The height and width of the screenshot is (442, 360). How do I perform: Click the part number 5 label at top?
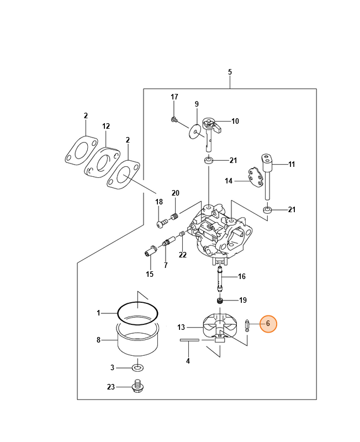click(x=230, y=72)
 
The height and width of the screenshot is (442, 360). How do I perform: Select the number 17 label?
click(x=174, y=97)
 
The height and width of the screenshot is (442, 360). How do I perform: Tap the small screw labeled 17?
click(x=174, y=119)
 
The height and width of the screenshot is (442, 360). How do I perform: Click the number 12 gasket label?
click(x=106, y=127)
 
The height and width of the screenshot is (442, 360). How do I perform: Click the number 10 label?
click(x=235, y=121)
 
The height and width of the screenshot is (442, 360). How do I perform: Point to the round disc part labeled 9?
click(x=195, y=131)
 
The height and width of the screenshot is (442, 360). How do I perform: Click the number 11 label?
click(x=292, y=164)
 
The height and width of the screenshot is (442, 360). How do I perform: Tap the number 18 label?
click(x=159, y=202)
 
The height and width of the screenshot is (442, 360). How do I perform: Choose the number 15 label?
click(x=150, y=274)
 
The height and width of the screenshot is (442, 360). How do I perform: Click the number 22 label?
click(x=183, y=255)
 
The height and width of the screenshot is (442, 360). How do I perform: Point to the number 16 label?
click(x=241, y=276)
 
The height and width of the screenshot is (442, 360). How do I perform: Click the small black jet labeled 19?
click(x=220, y=301)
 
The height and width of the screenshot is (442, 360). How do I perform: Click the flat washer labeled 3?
click(x=136, y=367)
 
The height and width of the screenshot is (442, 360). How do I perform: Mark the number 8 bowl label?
click(x=99, y=340)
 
